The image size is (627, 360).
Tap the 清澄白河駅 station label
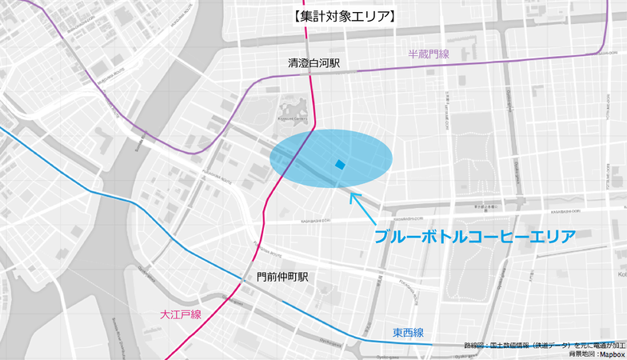pos(313,62)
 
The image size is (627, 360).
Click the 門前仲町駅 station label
pos(282,277)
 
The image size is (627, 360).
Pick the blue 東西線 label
pos(408,332)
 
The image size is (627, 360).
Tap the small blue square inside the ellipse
pos(340,165)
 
